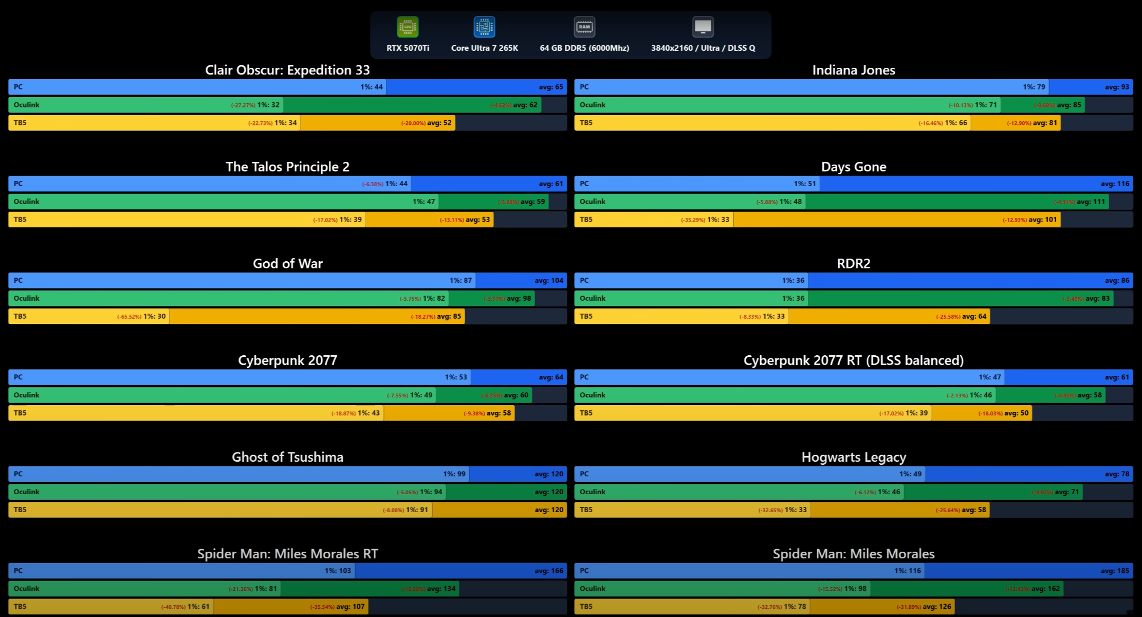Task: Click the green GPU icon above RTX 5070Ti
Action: click(408, 27)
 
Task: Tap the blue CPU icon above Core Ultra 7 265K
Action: click(484, 27)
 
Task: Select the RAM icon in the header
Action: click(584, 27)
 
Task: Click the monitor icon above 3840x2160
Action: click(703, 27)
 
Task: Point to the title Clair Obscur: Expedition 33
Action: click(287, 70)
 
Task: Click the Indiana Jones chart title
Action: click(853, 70)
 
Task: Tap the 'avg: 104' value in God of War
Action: click(549, 280)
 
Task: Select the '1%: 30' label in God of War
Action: click(155, 316)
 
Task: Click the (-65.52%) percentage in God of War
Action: click(129, 317)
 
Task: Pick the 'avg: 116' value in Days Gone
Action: click(1115, 184)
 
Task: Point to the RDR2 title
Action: click(853, 263)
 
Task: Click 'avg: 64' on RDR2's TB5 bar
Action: click(974, 316)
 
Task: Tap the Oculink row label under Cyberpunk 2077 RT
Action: click(593, 395)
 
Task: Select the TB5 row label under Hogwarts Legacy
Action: click(586, 510)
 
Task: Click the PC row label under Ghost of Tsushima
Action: click(18, 474)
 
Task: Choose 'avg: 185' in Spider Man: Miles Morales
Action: click(1115, 571)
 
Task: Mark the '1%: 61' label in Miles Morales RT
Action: click(198, 607)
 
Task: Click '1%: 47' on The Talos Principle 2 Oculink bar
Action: click(423, 202)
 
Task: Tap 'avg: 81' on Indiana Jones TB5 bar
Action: click(1045, 123)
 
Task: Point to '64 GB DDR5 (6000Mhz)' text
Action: click(584, 48)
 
